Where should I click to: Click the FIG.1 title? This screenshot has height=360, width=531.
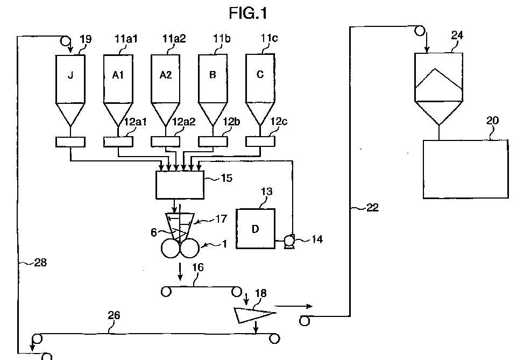click(248, 12)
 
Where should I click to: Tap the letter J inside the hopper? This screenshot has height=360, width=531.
click(70, 75)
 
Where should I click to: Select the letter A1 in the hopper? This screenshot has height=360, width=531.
click(118, 75)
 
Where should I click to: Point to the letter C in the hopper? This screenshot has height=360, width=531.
click(260, 75)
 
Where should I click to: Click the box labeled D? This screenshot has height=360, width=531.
click(255, 229)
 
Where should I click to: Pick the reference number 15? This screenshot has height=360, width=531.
click(227, 178)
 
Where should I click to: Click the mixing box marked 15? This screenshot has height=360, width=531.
click(180, 185)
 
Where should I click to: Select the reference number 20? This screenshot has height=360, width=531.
click(493, 121)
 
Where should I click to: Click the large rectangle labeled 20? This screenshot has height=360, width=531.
click(465, 169)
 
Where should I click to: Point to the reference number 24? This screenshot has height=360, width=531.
click(457, 36)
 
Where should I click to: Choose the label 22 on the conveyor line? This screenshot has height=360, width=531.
click(372, 208)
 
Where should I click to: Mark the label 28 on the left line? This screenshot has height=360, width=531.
click(40, 263)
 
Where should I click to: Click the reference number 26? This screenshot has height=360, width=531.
click(114, 315)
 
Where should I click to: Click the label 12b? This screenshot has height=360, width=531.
click(231, 122)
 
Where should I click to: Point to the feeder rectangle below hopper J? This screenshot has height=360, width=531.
click(70, 142)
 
